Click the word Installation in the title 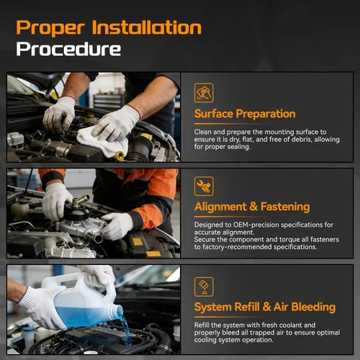tap(147, 27)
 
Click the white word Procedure tap(68, 49)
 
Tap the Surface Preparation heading tap(245, 114)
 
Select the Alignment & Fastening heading tap(252, 207)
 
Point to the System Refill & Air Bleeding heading tap(265, 307)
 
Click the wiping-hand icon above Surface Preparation tap(204, 93)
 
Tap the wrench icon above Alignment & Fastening tap(204, 186)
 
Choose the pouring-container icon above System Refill tap(204, 287)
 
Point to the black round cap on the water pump tap(76, 211)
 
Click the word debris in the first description tap(300, 139)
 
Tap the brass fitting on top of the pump tap(81, 201)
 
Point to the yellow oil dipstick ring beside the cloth tap(120, 156)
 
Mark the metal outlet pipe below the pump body tap(94, 237)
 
